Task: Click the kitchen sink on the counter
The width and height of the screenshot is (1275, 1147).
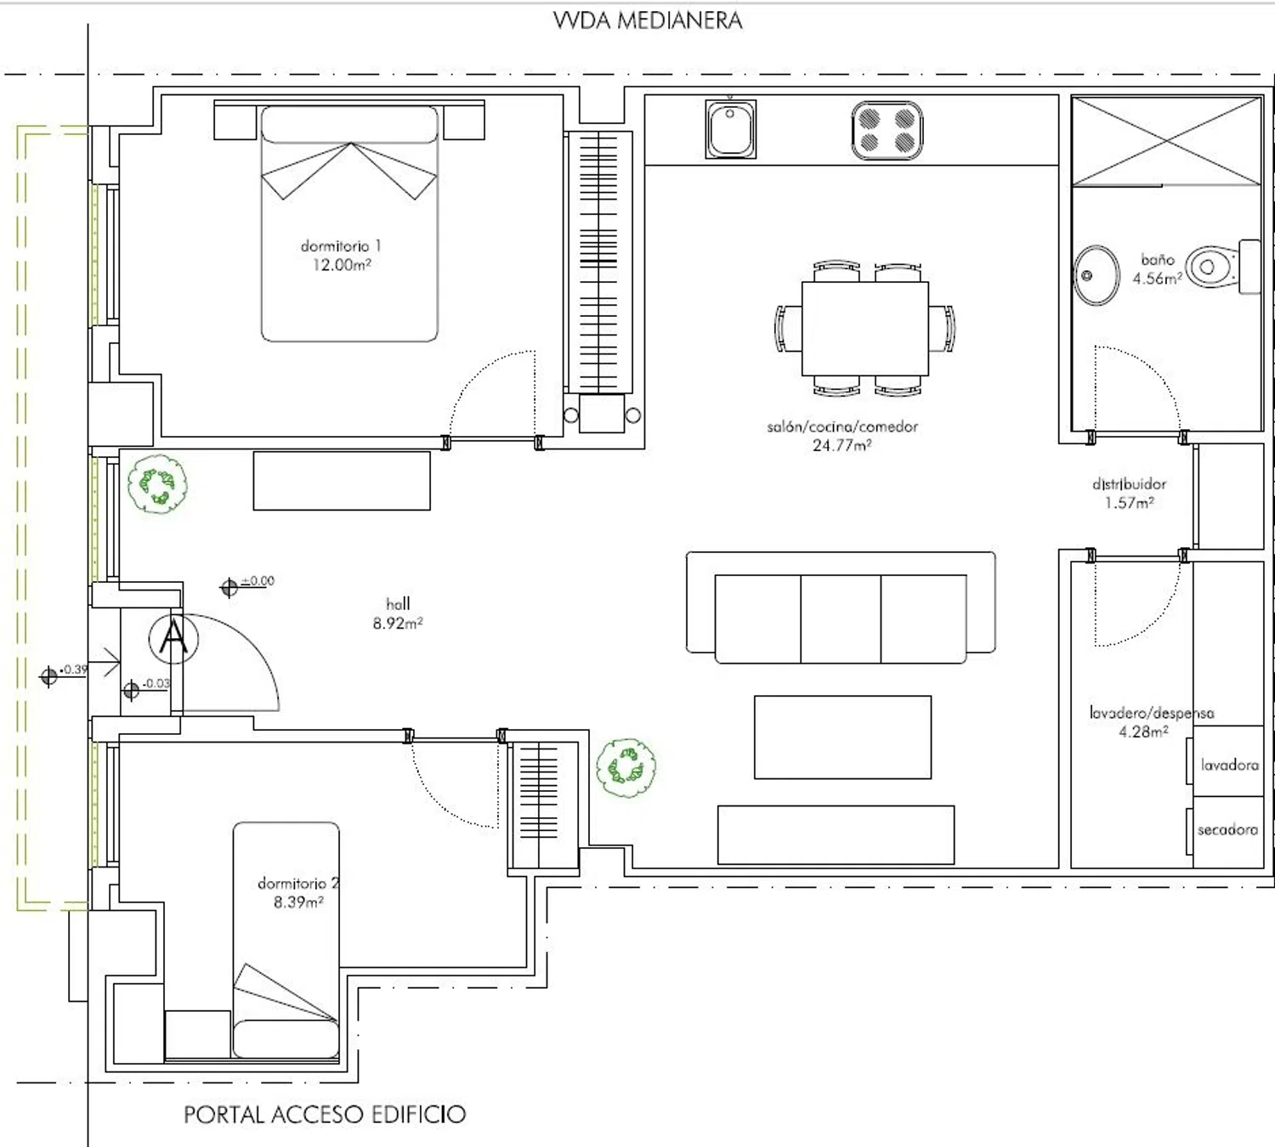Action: [730, 129]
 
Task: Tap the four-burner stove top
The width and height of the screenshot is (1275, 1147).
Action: [887, 130]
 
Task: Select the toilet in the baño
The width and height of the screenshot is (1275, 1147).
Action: [1222, 267]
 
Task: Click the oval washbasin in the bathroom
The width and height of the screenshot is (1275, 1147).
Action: [1097, 275]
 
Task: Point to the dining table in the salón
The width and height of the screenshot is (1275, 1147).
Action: [865, 329]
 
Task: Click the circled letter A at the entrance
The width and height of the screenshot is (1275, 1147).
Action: [173, 639]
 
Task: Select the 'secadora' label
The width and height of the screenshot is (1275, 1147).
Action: [1227, 830]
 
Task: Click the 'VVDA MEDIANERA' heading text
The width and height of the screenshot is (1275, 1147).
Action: [648, 21]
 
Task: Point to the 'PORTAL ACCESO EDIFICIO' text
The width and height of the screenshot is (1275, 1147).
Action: [325, 1114]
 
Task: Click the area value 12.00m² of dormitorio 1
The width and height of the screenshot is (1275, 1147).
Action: [342, 265]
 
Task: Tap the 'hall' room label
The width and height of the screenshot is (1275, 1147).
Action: [398, 604]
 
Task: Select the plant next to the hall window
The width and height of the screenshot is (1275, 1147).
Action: [157, 483]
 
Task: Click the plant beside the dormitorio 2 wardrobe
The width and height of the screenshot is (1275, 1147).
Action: [626, 767]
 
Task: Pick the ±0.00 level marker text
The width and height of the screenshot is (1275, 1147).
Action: [258, 581]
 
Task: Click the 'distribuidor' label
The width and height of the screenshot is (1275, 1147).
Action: [1130, 484]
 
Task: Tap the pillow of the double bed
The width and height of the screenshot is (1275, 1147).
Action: [349, 125]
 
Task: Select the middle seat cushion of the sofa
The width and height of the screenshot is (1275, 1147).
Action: [841, 619]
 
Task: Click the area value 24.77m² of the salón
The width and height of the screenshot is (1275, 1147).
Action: [841, 445]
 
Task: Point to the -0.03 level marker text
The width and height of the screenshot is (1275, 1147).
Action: [156, 683]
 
